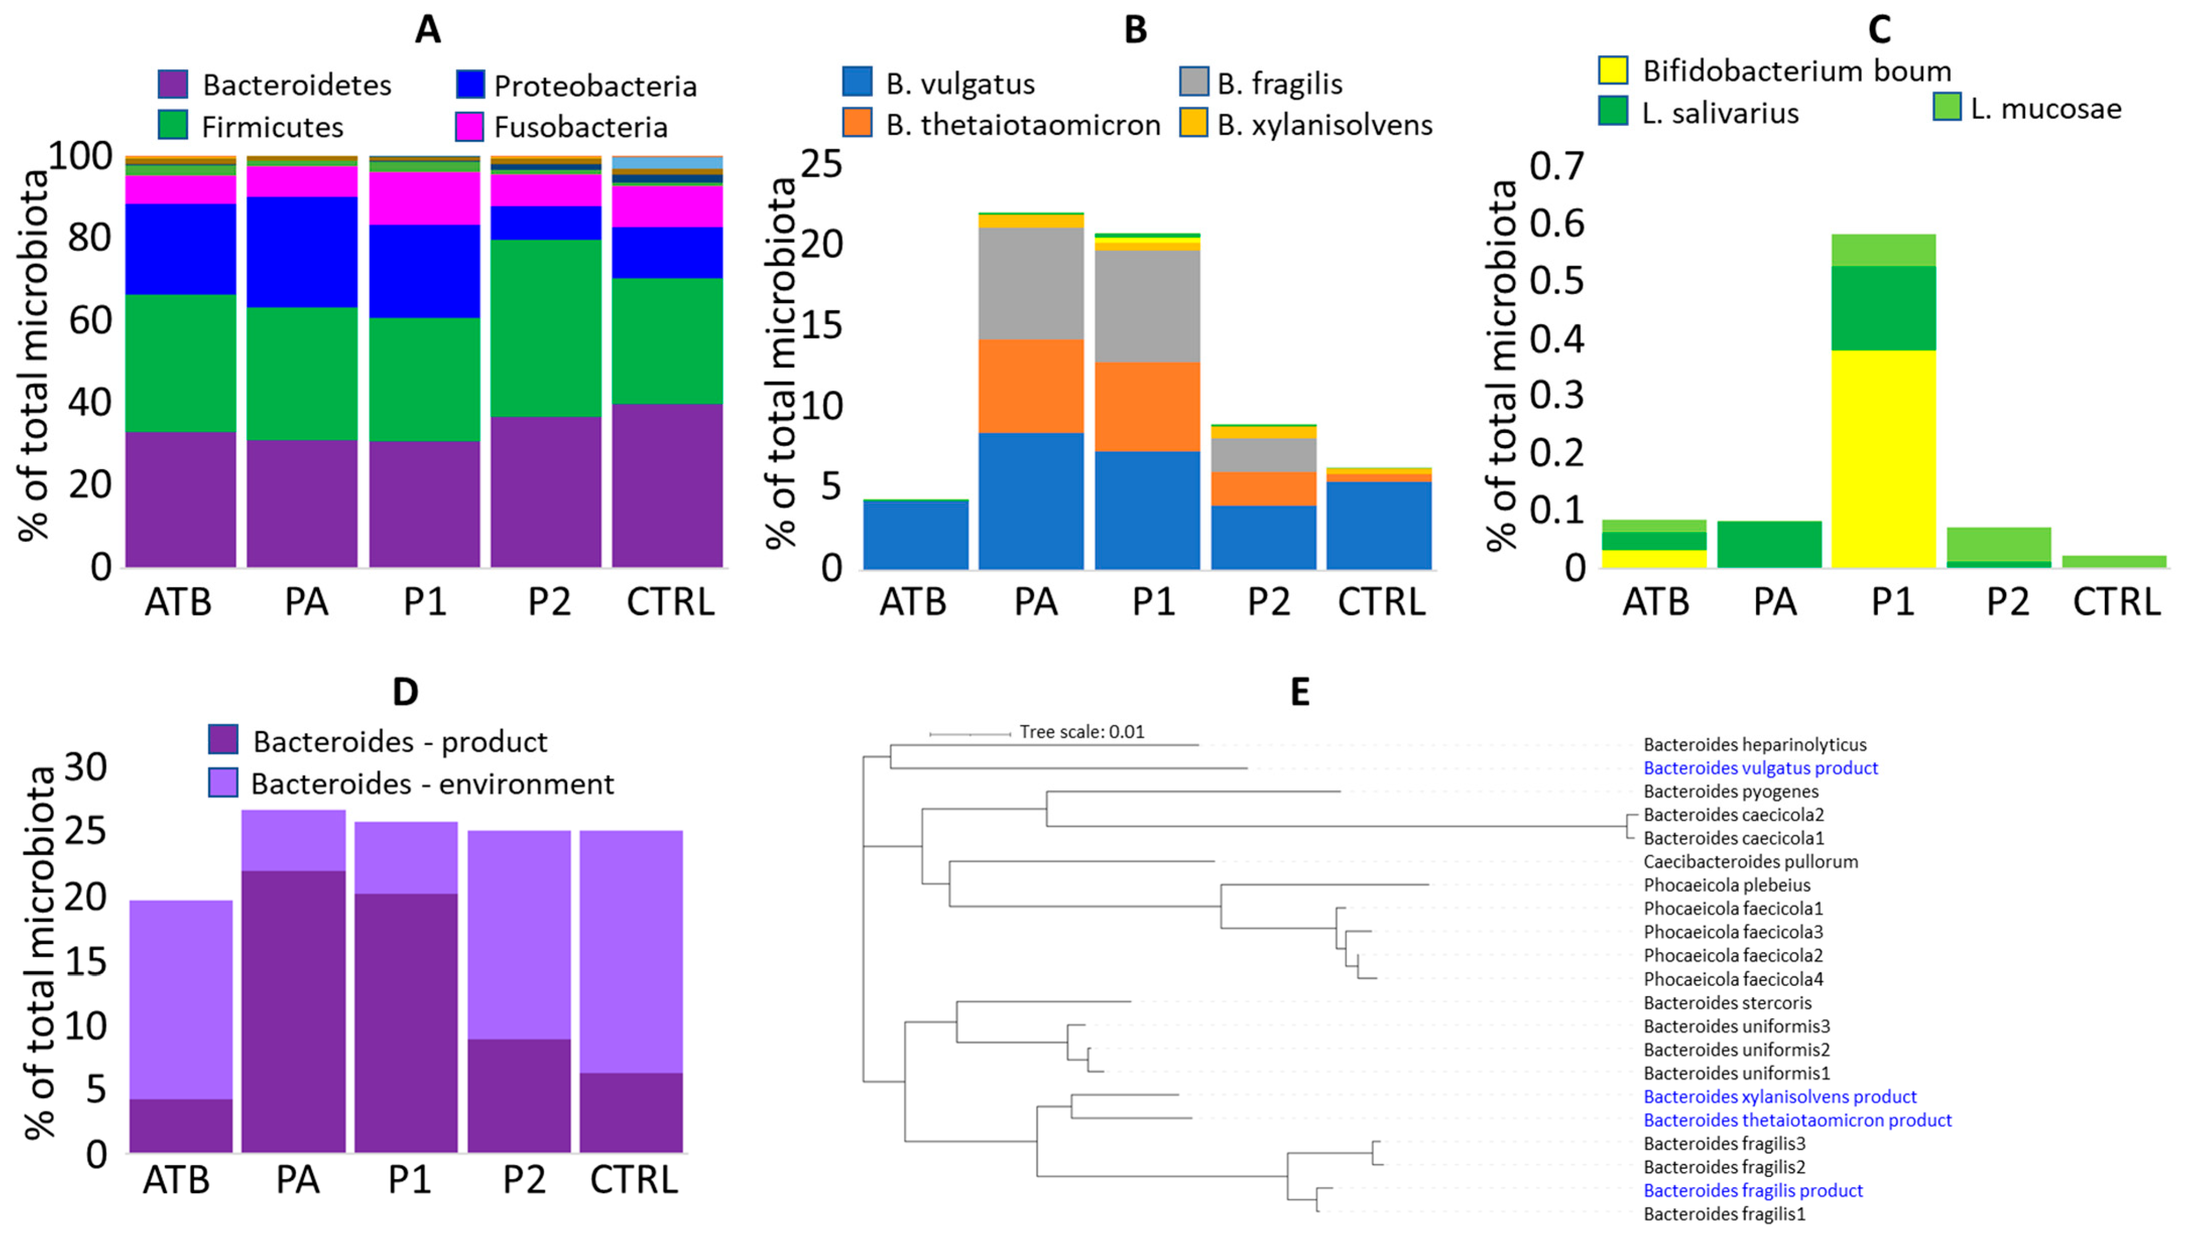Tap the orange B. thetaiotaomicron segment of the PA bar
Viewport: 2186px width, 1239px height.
click(x=1030, y=386)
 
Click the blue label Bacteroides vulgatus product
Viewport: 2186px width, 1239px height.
click(x=1760, y=768)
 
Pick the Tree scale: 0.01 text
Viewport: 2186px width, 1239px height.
click(x=1082, y=732)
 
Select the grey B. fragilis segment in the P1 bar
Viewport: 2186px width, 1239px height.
click(x=1147, y=306)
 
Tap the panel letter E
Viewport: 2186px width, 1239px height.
click(x=1299, y=693)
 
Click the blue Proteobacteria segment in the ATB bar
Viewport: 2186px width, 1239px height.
click(x=180, y=250)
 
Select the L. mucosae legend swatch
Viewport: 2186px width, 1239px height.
click(x=1947, y=108)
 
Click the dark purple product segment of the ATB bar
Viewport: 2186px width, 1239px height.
click(x=180, y=1126)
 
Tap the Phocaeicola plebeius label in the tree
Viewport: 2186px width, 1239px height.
click(x=1726, y=886)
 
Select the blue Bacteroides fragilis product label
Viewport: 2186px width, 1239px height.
click(x=1753, y=1191)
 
